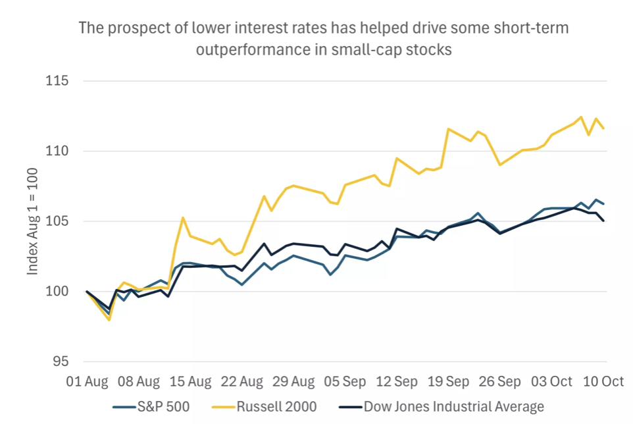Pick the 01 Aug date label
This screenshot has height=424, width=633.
click(x=87, y=381)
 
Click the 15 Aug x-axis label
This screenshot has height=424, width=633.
click(x=190, y=381)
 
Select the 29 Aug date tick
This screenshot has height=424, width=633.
click(x=293, y=381)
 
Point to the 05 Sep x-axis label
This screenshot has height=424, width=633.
click(x=345, y=381)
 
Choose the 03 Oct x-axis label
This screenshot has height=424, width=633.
click(x=552, y=381)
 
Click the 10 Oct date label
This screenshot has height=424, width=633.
click(x=603, y=381)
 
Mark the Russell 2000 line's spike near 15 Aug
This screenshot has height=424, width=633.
click(x=183, y=217)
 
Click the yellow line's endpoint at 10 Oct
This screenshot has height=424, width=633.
click(x=604, y=128)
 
